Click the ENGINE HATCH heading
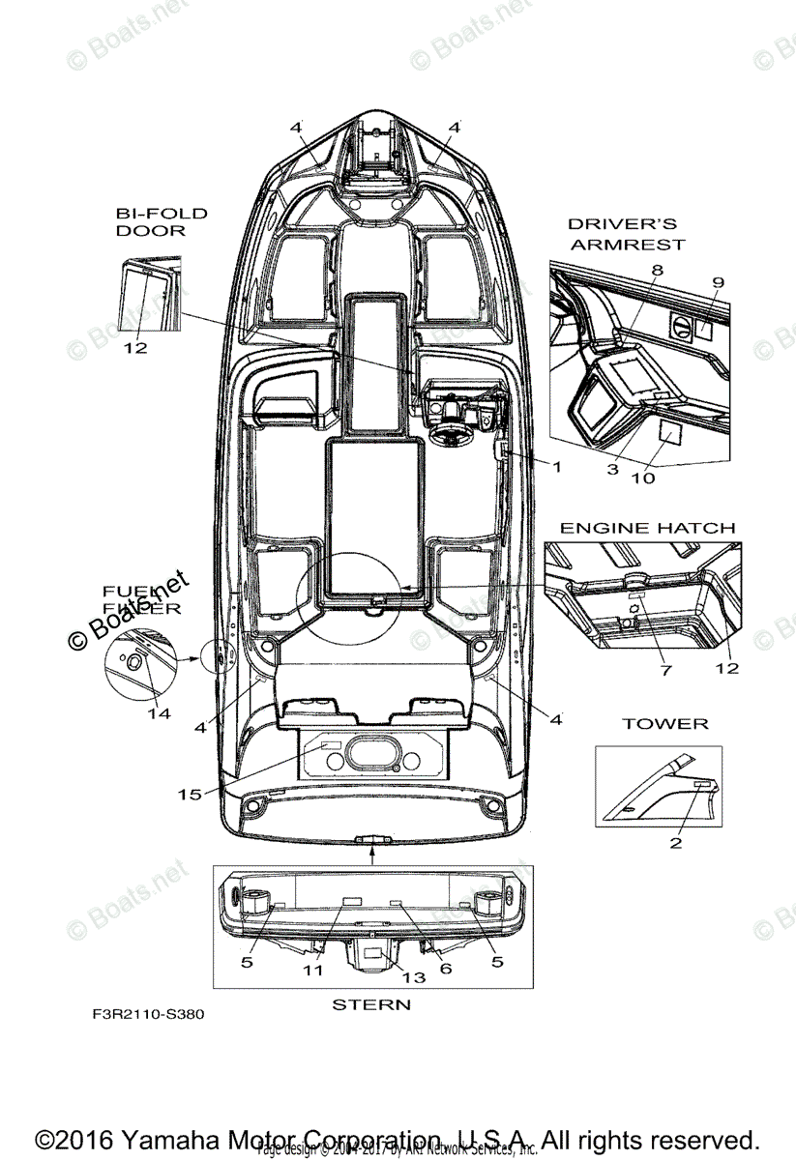click(x=647, y=528)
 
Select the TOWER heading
click(x=664, y=723)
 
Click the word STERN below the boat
click(x=371, y=1004)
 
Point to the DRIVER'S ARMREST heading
click(x=626, y=234)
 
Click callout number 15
click(x=190, y=794)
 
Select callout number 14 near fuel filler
click(x=159, y=713)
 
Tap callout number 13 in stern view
click(x=414, y=977)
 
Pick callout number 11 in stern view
click(x=311, y=970)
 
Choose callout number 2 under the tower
click(x=676, y=843)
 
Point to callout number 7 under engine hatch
click(x=665, y=669)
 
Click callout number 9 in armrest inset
click(x=718, y=281)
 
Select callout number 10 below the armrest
click(x=642, y=477)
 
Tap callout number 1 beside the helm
click(x=556, y=465)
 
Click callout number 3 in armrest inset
click(x=613, y=469)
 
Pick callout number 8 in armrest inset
click(x=657, y=271)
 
